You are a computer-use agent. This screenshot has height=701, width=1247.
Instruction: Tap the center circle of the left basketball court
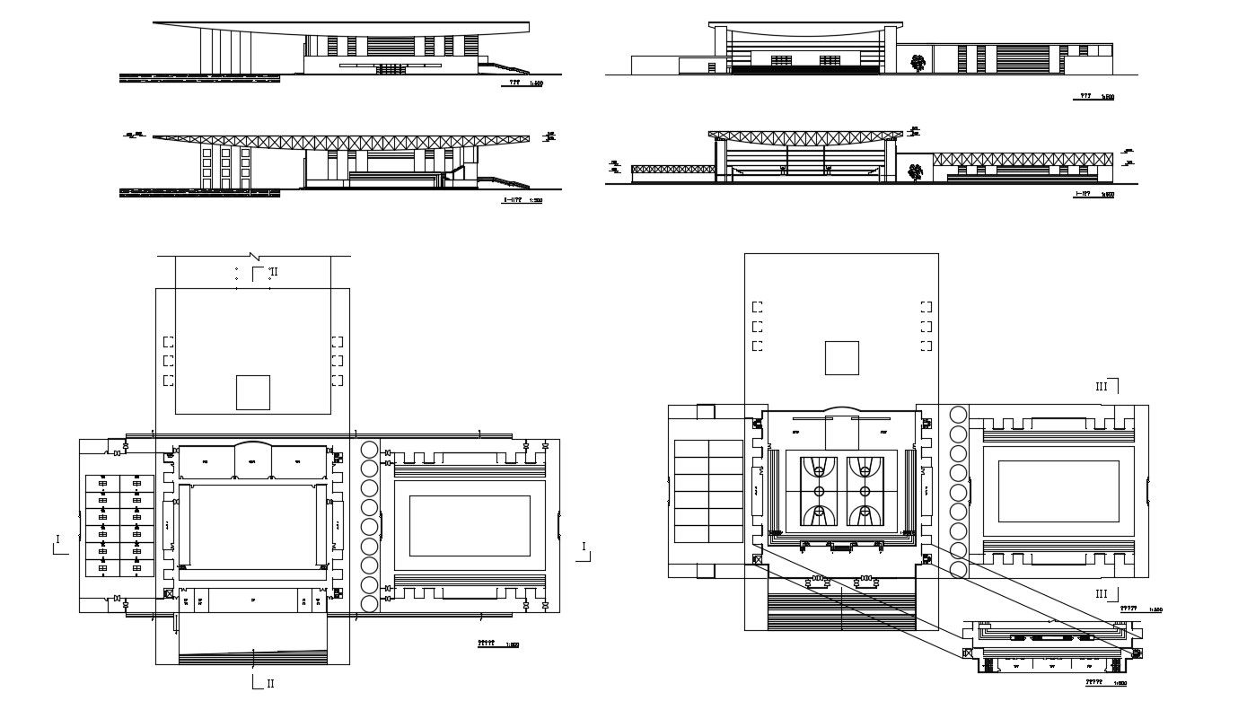tap(819, 491)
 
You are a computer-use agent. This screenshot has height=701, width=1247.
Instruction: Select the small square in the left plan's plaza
tap(253, 392)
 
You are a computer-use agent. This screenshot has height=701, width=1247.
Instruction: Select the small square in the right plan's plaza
tap(842, 357)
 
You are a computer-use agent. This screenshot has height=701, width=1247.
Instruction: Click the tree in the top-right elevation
tap(917, 63)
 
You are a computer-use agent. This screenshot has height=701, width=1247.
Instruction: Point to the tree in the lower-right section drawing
tap(915, 171)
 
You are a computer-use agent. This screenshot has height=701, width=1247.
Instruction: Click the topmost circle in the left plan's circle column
tap(368, 451)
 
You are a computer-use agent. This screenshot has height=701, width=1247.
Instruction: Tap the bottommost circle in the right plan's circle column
tap(958, 569)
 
